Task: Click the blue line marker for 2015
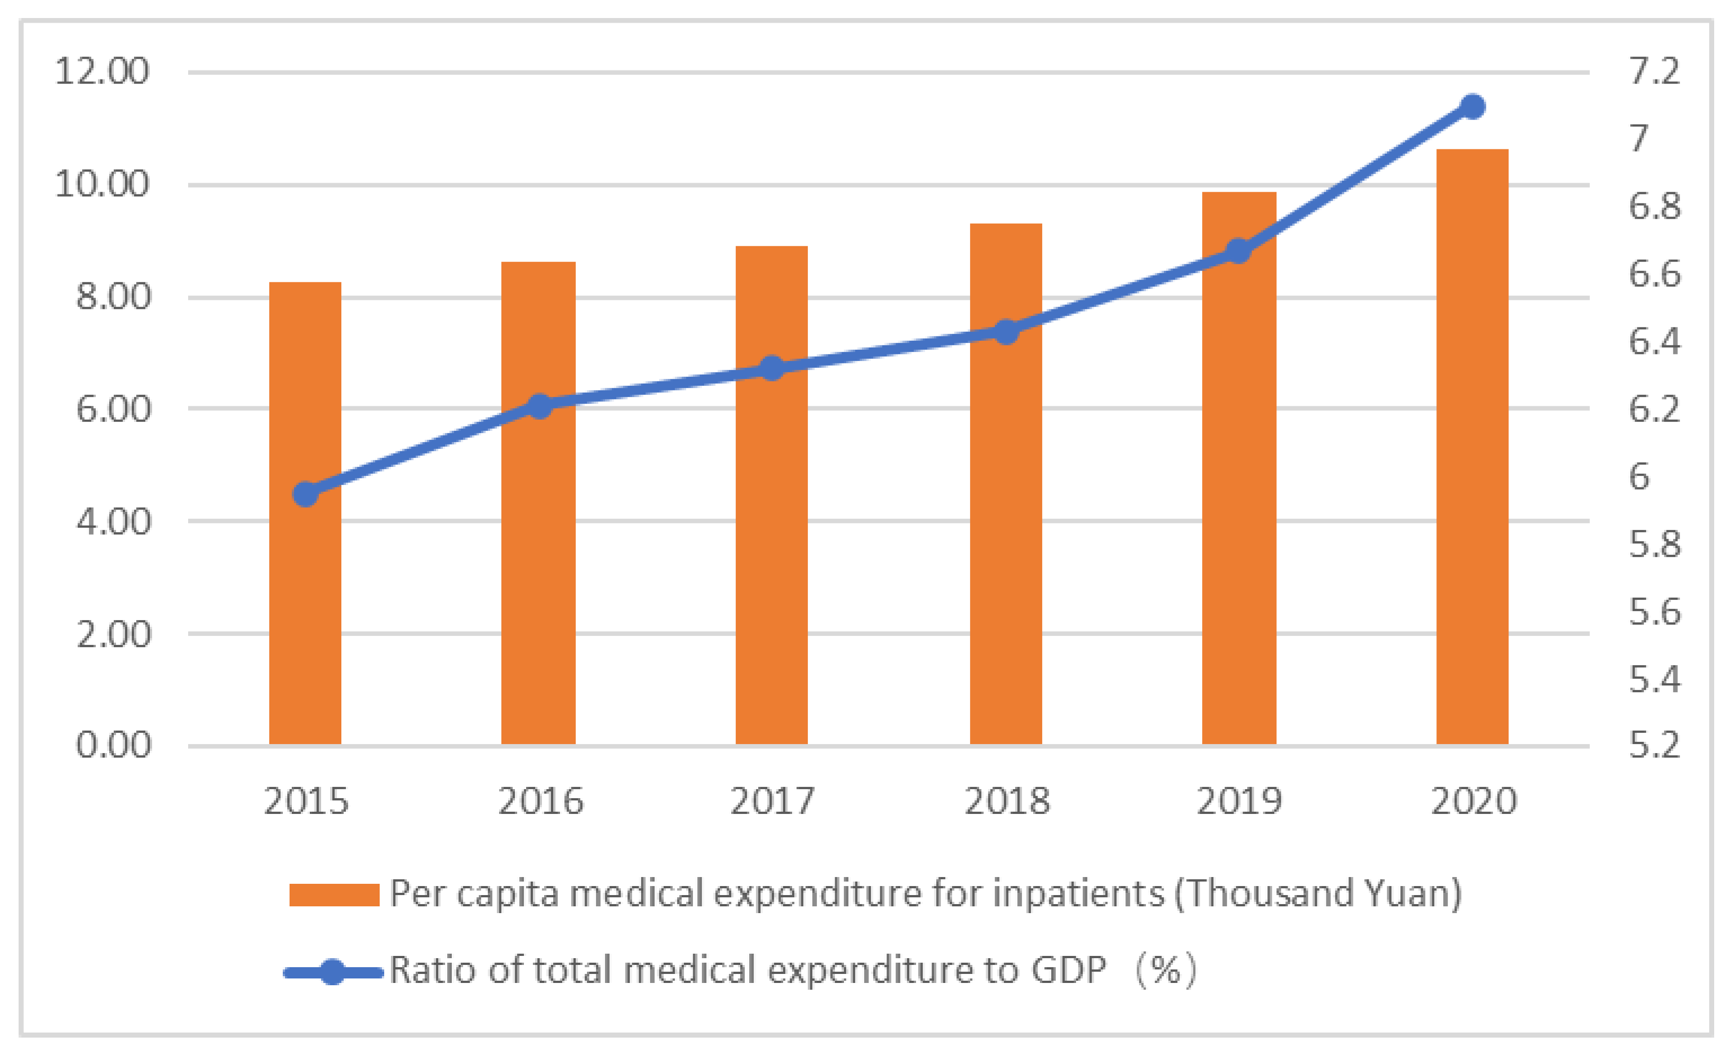tap(305, 495)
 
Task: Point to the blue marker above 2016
tap(540, 406)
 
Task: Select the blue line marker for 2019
tap(1239, 251)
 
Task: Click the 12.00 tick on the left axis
tap(102, 71)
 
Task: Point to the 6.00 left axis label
tap(113, 409)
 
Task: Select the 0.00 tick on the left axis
tap(113, 745)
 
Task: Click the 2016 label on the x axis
tap(540, 801)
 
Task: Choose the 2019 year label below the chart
tap(1239, 801)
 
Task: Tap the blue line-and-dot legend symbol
tap(332, 972)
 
